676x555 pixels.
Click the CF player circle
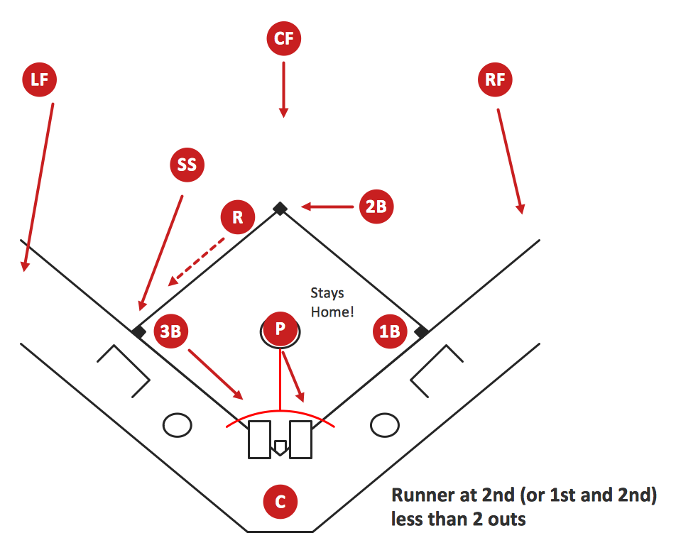284,38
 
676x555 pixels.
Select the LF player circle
39,79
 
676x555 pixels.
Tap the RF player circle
495,79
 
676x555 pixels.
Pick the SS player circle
187,165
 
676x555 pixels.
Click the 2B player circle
376,207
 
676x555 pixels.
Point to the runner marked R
238,217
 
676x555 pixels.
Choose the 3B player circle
170,331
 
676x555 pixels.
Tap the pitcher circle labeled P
280,329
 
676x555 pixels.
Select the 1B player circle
390,331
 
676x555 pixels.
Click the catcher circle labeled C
280,502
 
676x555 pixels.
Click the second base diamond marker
280,209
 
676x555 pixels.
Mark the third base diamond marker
138,332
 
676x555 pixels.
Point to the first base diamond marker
422,332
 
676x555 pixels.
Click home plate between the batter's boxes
280,448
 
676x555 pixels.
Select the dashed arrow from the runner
196,262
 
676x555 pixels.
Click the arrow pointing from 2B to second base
327,207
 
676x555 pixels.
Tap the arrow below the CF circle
284,89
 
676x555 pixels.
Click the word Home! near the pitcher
332,312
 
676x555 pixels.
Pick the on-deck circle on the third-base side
178,425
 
